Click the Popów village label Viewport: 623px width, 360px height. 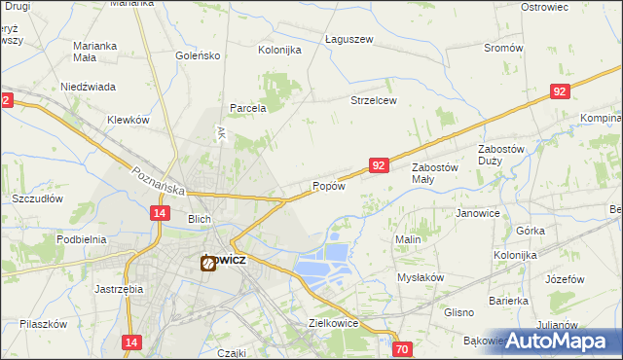coord(329,186)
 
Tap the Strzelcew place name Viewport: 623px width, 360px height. coord(374,100)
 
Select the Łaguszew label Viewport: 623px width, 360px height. coord(349,39)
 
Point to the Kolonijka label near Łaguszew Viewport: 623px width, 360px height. coord(279,50)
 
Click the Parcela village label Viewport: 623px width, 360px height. coord(247,108)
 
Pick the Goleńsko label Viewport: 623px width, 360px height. coord(199,55)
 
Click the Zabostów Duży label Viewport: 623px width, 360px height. coord(502,154)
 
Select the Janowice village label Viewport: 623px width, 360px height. coord(478,212)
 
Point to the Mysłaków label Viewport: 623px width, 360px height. coord(421,276)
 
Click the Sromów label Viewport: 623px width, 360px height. coord(503,48)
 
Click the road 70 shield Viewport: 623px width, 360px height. coord(404,348)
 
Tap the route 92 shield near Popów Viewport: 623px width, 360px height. coord(380,166)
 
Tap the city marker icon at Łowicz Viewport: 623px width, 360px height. coord(207,262)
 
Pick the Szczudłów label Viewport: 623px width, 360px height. coord(38,198)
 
